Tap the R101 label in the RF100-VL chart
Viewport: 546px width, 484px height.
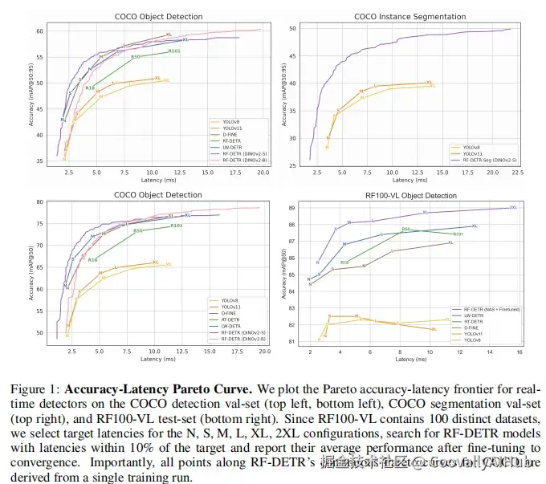coord(457,234)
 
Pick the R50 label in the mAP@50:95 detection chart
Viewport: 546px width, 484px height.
coord(135,57)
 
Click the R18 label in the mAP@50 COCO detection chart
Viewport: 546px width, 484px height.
coord(92,260)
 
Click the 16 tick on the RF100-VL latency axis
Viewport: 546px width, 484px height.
coord(520,352)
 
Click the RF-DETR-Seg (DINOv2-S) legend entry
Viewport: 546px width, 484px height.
coord(487,161)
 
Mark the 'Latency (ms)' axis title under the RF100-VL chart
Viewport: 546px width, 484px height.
coord(411,359)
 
